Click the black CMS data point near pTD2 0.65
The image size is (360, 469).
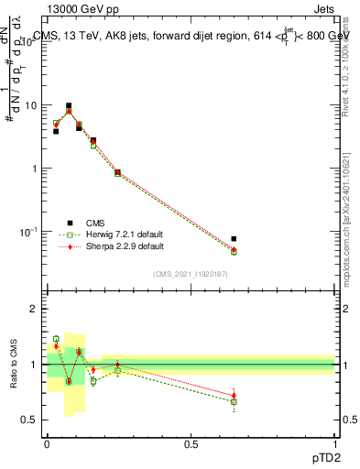tap(234, 239)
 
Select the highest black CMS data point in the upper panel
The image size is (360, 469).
tap(69, 106)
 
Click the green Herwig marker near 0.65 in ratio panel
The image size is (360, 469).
tap(234, 401)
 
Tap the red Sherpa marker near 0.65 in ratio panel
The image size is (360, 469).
tap(234, 396)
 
